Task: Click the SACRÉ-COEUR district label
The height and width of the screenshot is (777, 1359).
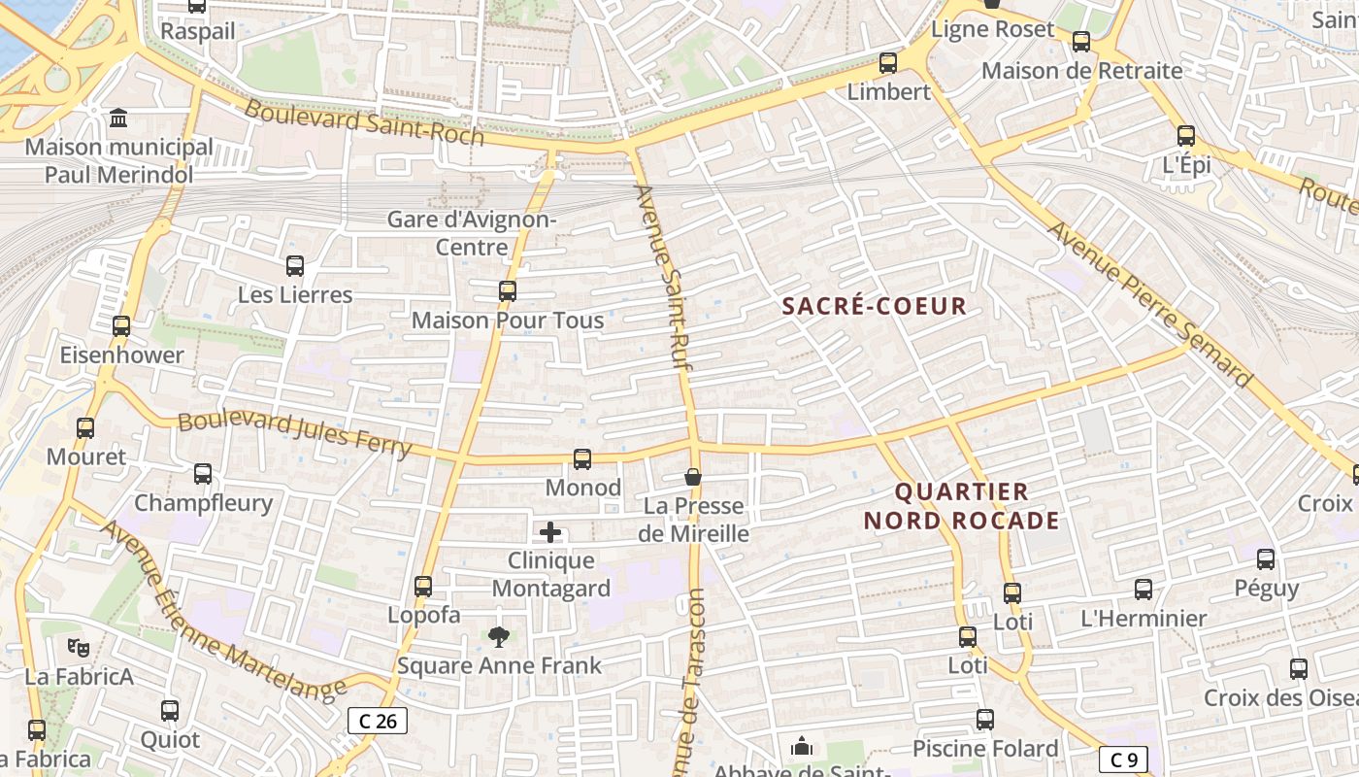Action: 875,306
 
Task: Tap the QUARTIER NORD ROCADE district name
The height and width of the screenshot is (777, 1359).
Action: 961,506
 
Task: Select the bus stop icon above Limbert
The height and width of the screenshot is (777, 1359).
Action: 888,63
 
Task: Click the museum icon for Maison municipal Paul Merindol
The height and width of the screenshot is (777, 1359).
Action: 118,118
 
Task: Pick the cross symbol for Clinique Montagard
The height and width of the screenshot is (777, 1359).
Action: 550,532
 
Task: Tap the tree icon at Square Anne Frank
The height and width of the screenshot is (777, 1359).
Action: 499,637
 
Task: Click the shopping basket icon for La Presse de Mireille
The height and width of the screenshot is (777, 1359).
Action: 693,477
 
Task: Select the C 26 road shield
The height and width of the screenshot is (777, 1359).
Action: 378,721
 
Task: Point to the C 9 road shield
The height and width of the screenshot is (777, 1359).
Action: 1124,759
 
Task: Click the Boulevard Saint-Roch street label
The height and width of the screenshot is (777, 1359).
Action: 363,122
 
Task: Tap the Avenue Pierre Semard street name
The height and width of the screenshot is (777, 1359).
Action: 1149,304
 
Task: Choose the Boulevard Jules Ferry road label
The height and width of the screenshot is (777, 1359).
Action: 295,434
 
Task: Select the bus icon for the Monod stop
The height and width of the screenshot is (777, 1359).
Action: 582,459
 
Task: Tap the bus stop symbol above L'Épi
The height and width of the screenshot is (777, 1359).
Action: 1186,136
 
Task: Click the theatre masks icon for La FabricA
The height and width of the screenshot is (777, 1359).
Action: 79,647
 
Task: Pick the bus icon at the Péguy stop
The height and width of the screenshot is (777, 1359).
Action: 1266,559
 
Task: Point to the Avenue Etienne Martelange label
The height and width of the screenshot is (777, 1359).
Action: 222,613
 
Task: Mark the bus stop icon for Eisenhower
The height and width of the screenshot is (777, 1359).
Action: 121,326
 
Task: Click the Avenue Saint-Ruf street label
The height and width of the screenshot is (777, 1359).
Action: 658,276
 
